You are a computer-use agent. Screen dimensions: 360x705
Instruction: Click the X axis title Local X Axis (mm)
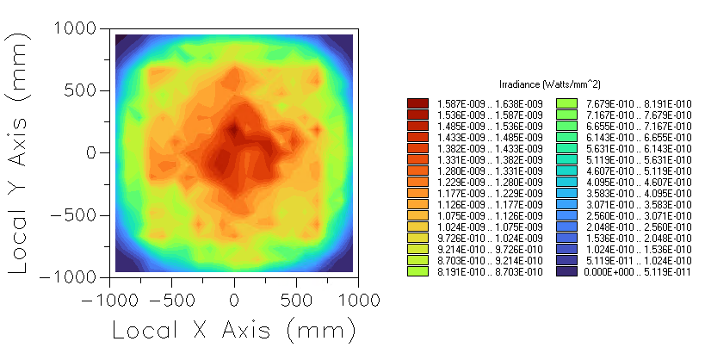click(233, 331)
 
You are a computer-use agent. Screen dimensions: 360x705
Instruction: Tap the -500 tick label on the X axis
click(171, 300)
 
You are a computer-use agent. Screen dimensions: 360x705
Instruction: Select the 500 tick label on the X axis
click(296, 300)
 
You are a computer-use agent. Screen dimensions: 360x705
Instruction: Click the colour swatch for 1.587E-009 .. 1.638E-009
click(417, 103)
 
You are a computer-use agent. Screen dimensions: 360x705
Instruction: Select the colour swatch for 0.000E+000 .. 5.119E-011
click(566, 271)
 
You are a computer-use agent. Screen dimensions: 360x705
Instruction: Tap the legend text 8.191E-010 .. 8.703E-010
click(490, 271)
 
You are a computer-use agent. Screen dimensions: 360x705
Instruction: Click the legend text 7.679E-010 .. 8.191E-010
click(639, 103)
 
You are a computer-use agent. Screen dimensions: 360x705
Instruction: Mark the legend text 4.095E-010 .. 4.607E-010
click(639, 182)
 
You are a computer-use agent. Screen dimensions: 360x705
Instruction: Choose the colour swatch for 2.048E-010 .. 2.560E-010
click(566, 227)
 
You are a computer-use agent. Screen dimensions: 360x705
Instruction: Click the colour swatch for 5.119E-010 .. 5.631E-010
click(566, 159)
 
